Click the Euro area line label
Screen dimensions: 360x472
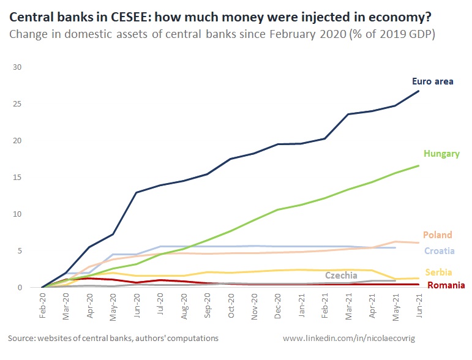click(x=432, y=81)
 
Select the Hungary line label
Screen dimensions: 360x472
click(x=441, y=154)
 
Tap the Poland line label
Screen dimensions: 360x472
click(x=437, y=235)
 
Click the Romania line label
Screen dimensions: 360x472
click(x=446, y=285)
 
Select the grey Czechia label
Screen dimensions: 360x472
click(x=341, y=276)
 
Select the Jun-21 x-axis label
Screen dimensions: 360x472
click(x=419, y=305)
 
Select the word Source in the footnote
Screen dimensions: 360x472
click(x=21, y=338)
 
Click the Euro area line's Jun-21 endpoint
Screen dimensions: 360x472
click(x=419, y=91)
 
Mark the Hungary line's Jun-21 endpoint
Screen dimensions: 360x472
click(x=419, y=165)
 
